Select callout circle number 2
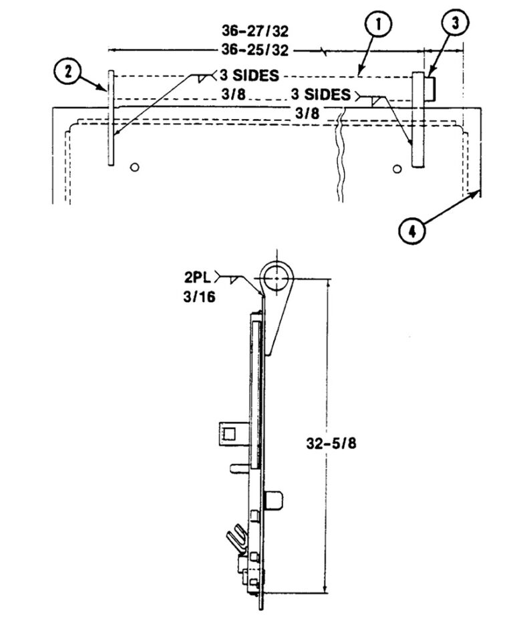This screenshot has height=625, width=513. [67, 73]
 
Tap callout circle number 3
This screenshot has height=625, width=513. [456, 24]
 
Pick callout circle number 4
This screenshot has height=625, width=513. [412, 231]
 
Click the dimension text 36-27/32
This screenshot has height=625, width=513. [255, 31]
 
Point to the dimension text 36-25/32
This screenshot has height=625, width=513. [255, 50]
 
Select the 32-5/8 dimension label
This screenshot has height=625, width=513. [331, 443]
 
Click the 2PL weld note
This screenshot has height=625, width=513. [198, 277]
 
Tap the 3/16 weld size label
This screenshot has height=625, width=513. [199, 297]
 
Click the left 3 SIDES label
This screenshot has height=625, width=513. [249, 76]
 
